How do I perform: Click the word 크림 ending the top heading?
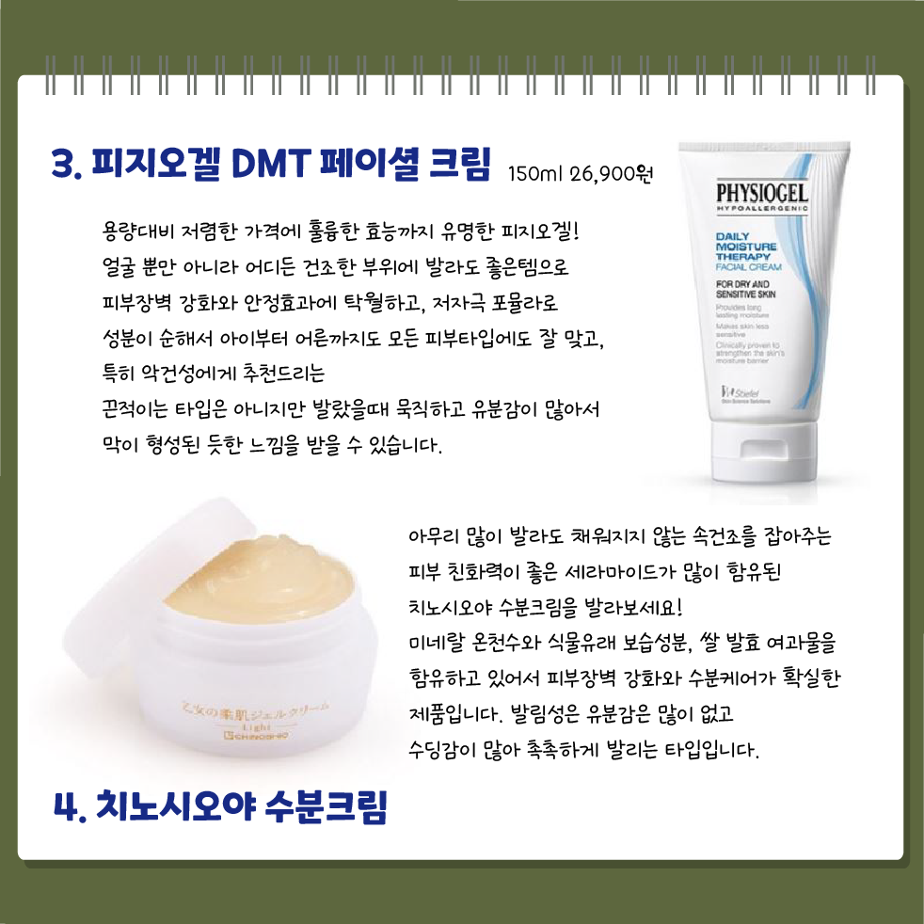[x=459, y=166]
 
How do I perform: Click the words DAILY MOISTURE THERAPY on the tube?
[x=745, y=247]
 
